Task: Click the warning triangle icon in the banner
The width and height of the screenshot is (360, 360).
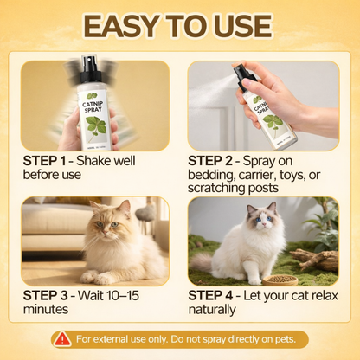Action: [62, 338]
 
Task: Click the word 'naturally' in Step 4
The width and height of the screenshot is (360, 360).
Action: [212, 308]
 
